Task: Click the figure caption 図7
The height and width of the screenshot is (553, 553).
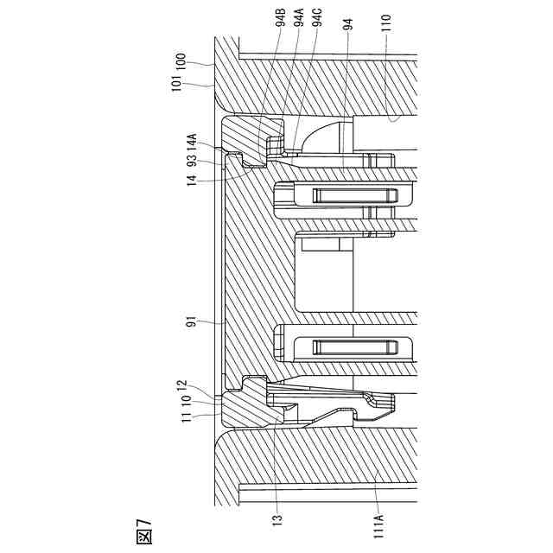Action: (x=143, y=529)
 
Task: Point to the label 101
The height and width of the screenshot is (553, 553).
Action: (x=180, y=84)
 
